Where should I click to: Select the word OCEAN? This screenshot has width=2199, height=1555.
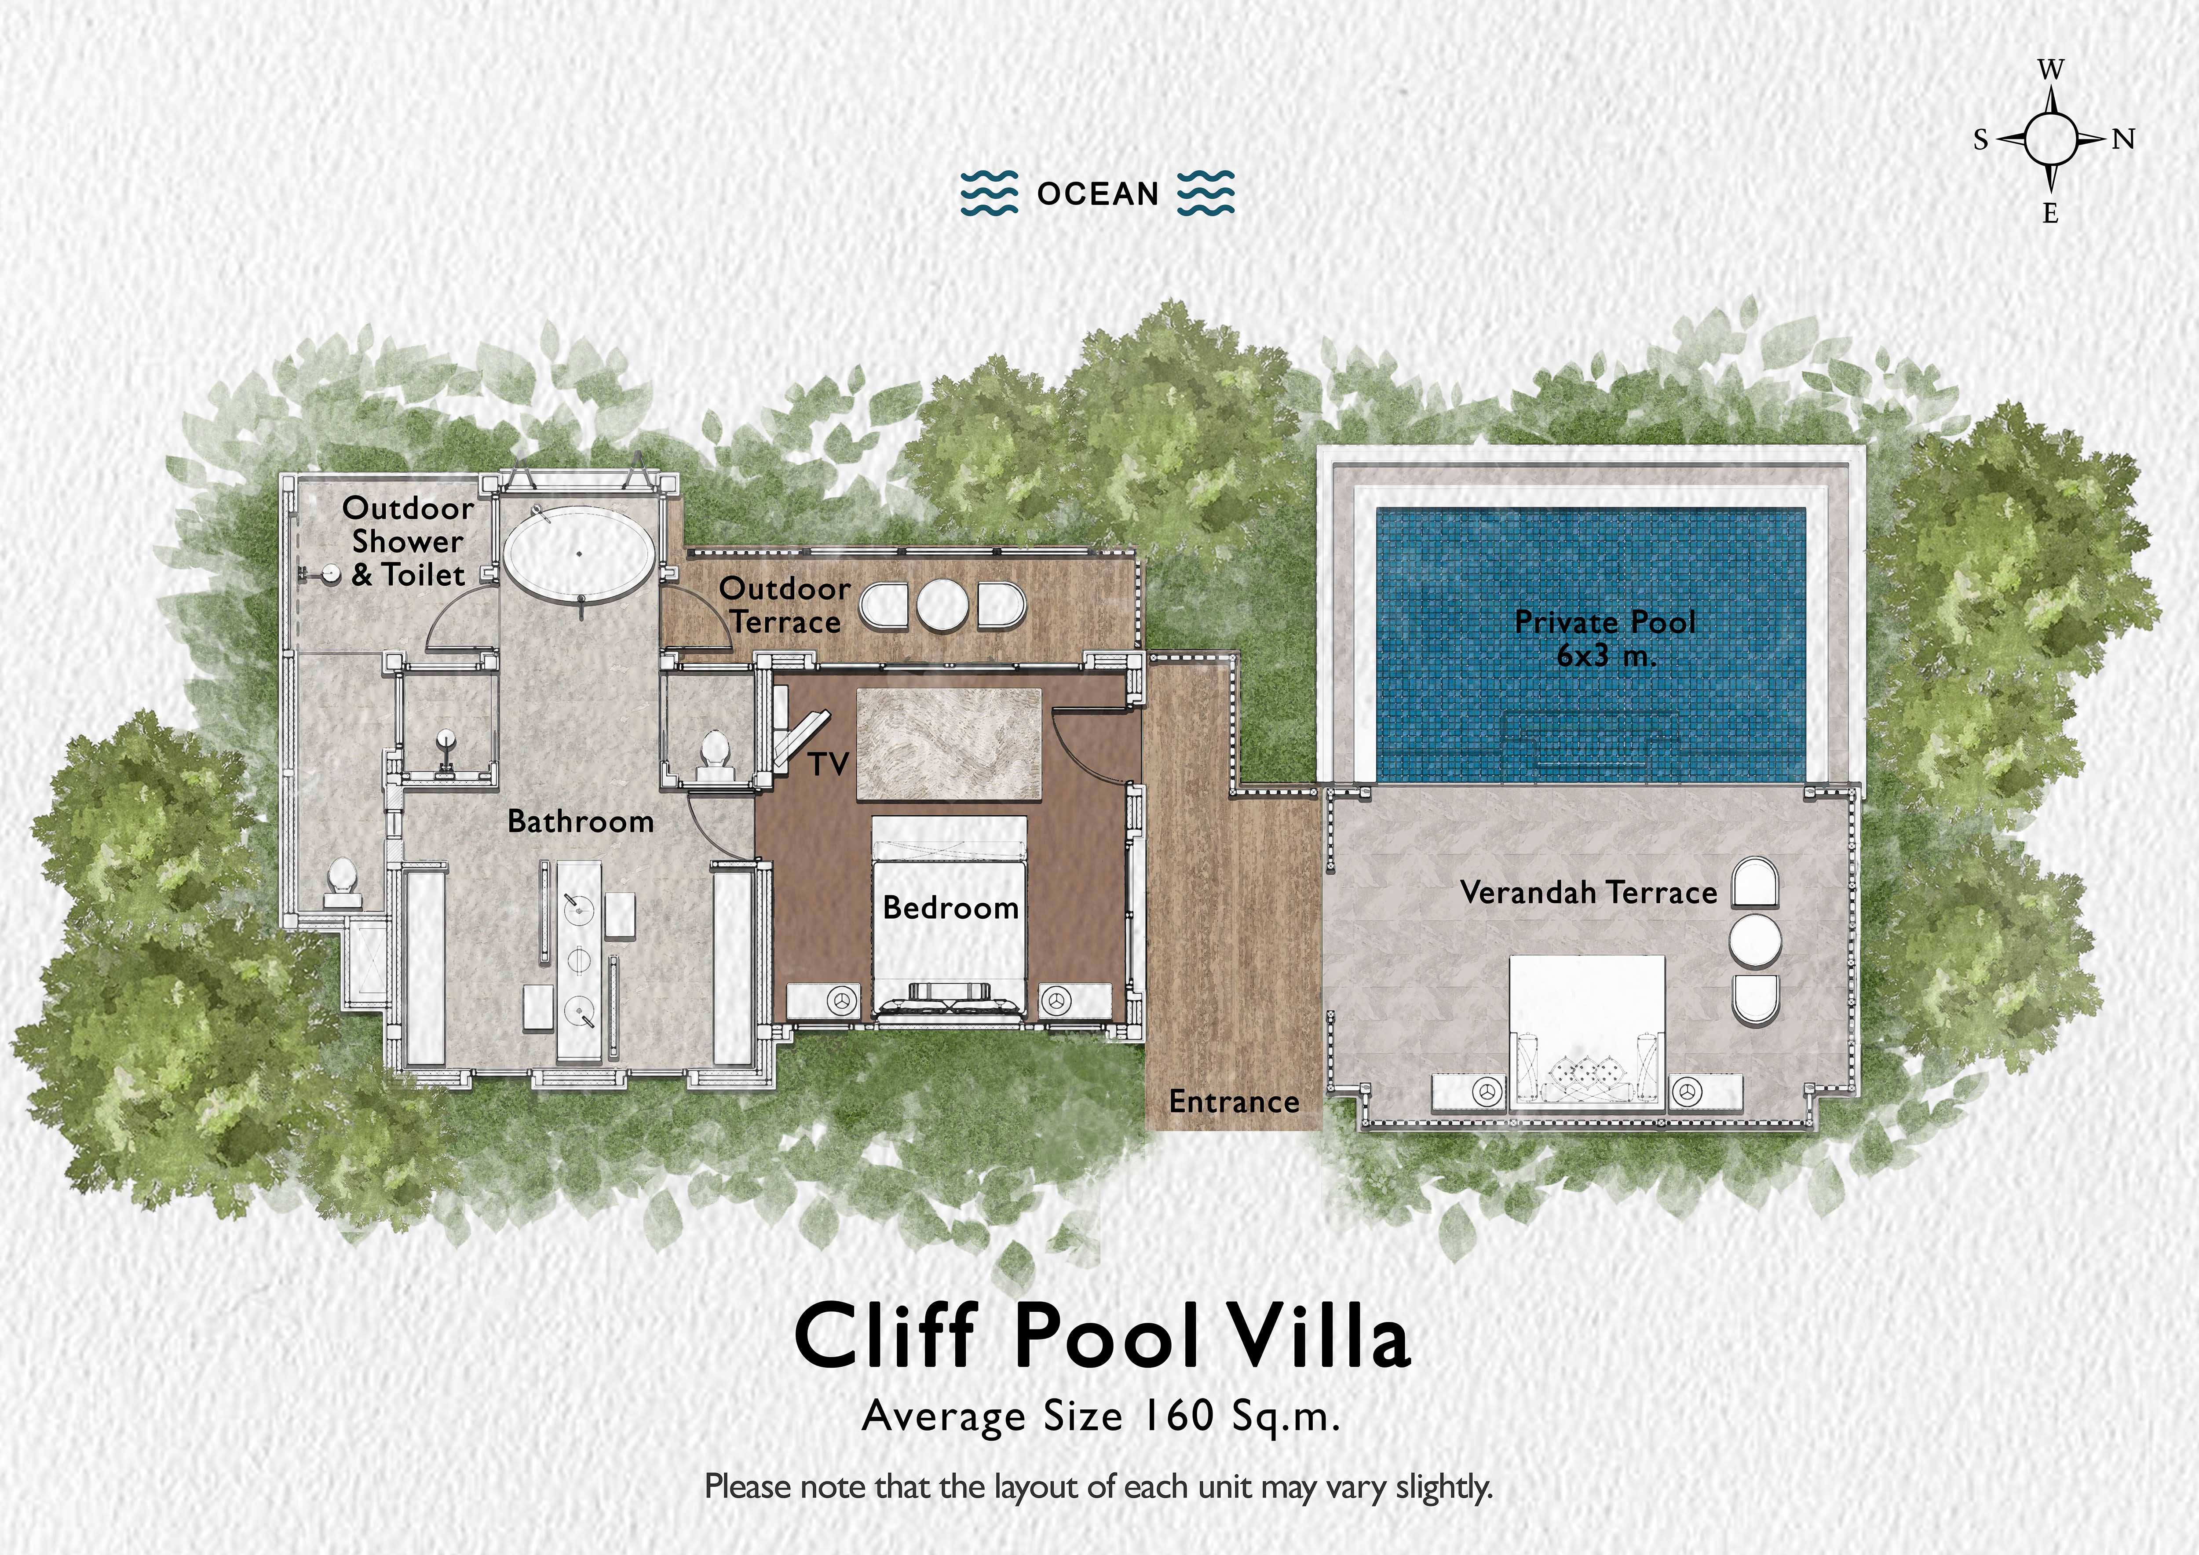point(1098,194)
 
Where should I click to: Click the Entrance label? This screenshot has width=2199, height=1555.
point(1234,1102)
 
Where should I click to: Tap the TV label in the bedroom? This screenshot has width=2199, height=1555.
point(829,764)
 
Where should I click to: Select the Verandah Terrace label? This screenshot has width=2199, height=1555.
point(1588,892)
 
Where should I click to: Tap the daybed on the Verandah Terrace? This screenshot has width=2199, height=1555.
point(1586,1032)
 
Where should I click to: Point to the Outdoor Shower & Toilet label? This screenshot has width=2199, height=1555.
point(408,541)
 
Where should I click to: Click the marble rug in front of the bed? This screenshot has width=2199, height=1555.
point(948,743)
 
